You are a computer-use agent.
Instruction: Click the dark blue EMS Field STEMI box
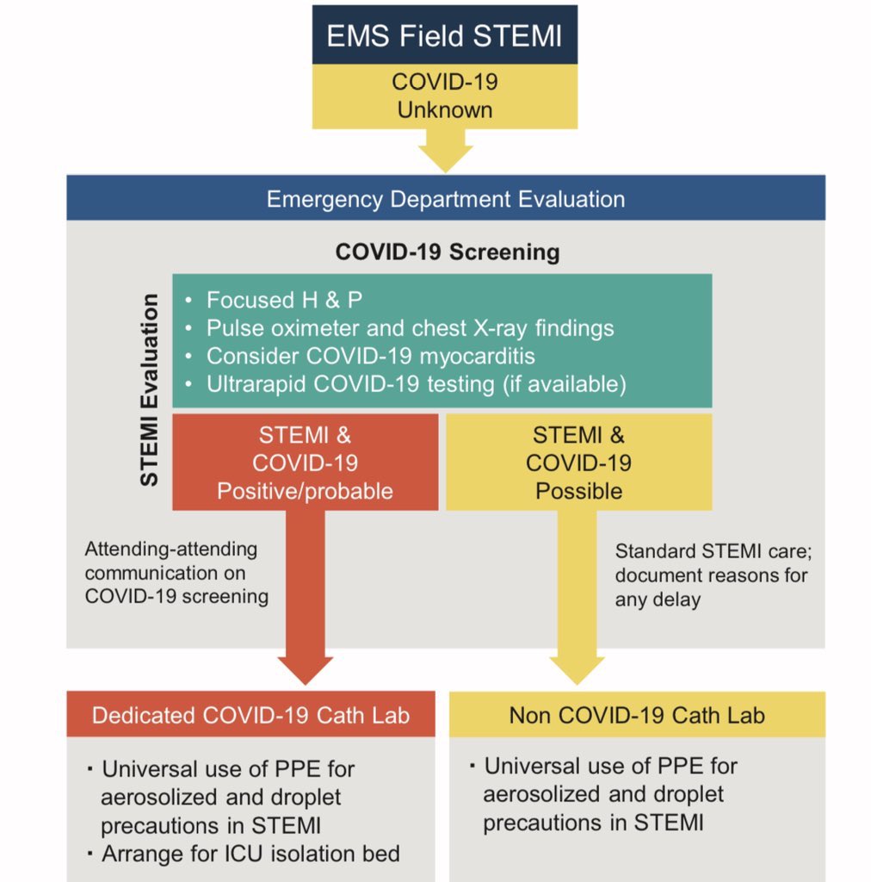click(444, 36)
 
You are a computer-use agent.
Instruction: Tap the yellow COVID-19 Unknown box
click(444, 96)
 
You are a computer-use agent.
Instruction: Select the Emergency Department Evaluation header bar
click(446, 199)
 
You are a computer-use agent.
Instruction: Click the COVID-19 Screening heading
click(448, 252)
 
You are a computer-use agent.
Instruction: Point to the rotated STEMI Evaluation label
click(150, 389)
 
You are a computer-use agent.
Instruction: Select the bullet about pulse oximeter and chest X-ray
click(410, 328)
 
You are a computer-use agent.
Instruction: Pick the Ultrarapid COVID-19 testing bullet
click(415, 384)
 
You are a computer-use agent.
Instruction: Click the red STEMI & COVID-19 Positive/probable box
click(305, 463)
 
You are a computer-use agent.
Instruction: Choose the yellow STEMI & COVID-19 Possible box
click(578, 463)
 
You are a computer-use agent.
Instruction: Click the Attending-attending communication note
click(176, 572)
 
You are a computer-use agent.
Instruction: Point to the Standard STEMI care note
click(711, 575)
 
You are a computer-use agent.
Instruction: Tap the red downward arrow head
click(305, 668)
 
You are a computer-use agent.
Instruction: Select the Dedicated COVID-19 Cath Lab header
click(250, 715)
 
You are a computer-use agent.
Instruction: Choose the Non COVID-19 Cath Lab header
click(637, 715)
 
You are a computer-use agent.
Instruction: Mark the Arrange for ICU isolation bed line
click(250, 854)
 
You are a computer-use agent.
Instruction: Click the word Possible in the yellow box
click(578, 491)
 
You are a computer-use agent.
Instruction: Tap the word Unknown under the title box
click(444, 110)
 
